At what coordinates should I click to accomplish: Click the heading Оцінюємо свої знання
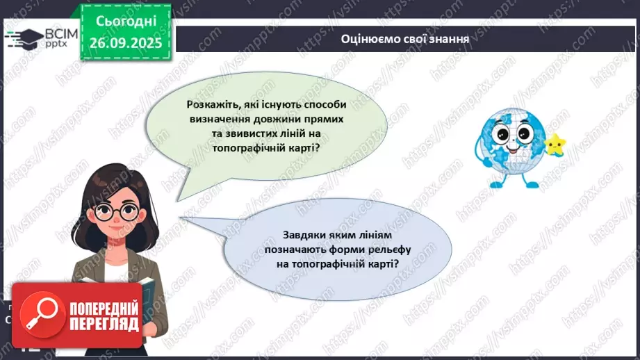coord(405,38)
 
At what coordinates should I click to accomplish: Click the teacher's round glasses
coord(113,211)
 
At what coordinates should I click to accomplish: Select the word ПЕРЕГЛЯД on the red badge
coord(104,324)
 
